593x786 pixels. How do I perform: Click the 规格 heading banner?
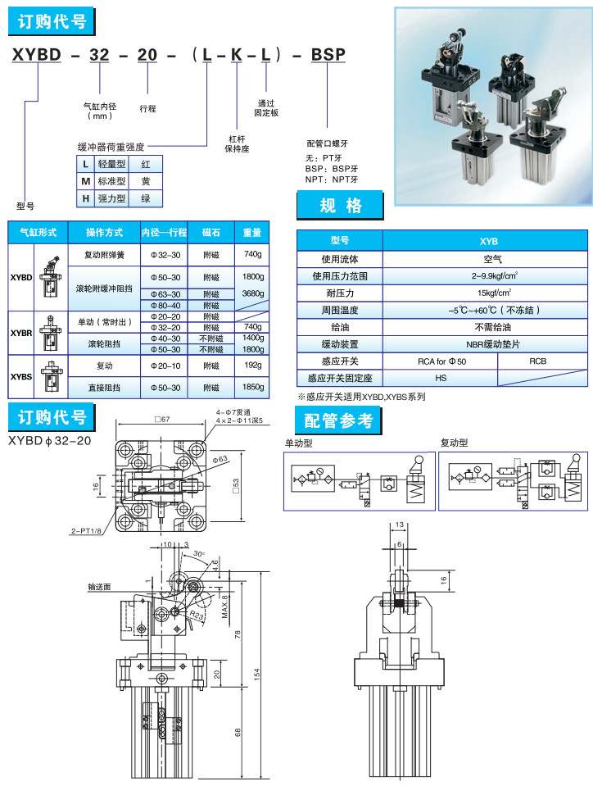[x=340, y=206]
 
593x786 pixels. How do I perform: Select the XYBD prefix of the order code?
[x=35, y=56]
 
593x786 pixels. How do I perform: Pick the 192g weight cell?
[x=253, y=365]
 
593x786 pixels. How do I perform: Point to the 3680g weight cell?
[x=253, y=293]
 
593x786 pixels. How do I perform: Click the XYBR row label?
[x=21, y=333]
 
